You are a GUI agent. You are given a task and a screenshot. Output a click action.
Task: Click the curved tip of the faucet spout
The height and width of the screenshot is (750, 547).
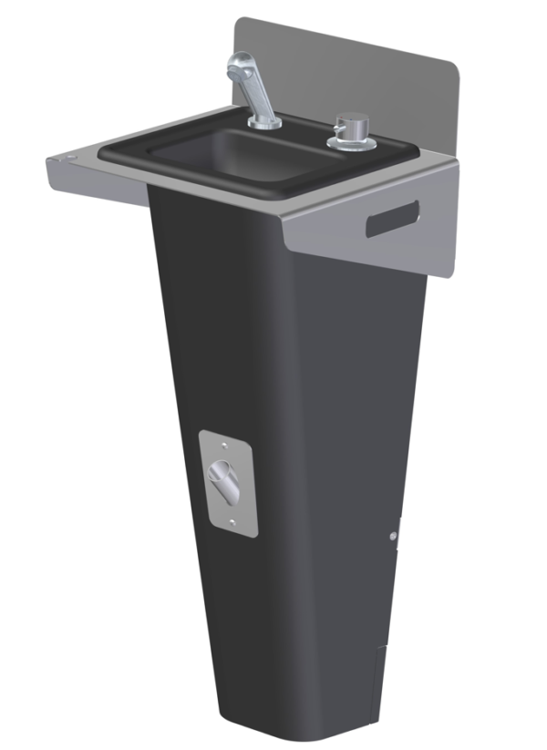point(235,66)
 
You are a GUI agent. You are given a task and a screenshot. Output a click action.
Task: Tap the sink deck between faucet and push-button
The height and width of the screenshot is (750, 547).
point(305,137)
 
